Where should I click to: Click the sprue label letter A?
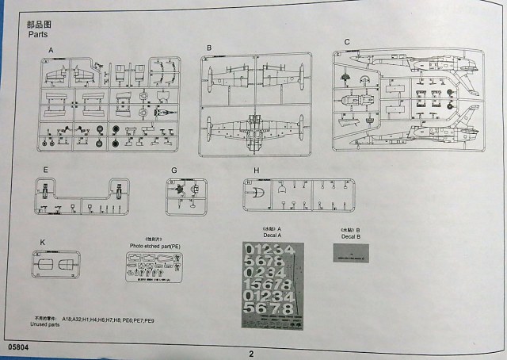[51, 49]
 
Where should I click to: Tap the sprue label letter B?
[208, 48]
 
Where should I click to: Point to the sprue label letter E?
[46, 170]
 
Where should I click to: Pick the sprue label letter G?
[173, 170]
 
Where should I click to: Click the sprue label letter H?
[256, 170]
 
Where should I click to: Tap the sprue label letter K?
[44, 241]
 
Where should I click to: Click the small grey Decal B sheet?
[350, 255]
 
